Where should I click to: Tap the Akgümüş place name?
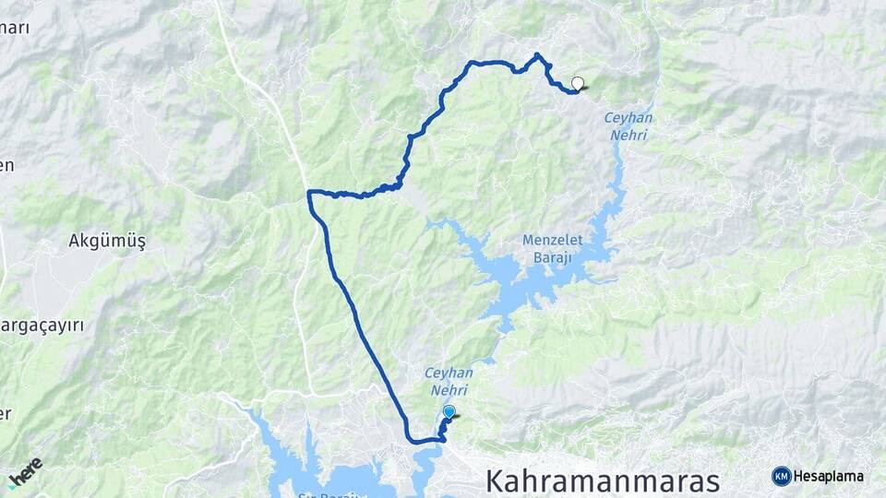107,241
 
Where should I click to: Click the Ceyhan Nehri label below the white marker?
627,126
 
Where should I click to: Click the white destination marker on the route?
578,83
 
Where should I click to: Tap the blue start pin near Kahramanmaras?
449,412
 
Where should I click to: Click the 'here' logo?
26,471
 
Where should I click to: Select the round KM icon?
782,476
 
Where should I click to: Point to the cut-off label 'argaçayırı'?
42,326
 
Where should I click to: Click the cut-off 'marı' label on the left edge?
15,28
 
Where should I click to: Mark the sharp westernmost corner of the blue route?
309,193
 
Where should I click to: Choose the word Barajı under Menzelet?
554,258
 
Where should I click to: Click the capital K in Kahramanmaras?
495,480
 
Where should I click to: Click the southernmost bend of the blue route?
423,443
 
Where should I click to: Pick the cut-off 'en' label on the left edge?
6,166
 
